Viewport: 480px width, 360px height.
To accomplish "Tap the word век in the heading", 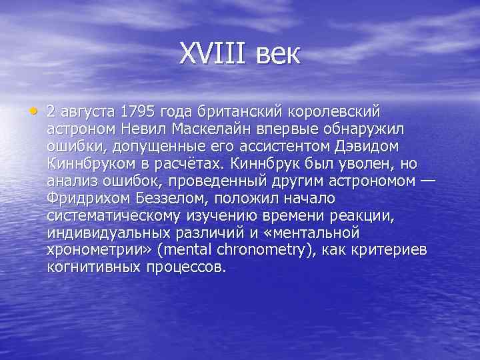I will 277,54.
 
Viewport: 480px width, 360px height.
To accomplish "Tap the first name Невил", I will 147,128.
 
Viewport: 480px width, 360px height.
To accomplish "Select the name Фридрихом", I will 88,199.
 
